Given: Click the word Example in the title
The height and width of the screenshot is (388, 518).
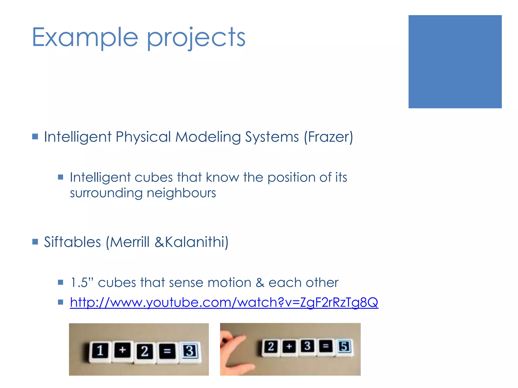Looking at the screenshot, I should coord(85,37).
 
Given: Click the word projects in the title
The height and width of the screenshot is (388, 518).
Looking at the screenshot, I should coord(196,38).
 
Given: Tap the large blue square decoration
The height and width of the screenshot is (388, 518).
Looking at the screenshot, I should coord(455,62).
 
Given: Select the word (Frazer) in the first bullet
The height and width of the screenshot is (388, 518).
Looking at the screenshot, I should coord(328,137).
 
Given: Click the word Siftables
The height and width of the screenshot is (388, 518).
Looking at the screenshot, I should coord(72,242).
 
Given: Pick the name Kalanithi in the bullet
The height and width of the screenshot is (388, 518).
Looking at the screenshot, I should coord(197,242).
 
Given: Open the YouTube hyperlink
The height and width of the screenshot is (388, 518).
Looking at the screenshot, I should coord(224,302).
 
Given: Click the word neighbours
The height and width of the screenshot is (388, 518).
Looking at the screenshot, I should coord(181,193).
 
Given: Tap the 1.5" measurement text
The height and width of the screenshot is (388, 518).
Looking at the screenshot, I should coord(82,282).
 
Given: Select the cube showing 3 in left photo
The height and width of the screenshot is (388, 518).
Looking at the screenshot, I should coord(190,351).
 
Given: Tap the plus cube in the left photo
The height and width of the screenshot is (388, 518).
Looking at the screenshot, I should coord(122,350).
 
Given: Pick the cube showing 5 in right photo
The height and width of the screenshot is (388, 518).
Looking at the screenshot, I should coord(344,347).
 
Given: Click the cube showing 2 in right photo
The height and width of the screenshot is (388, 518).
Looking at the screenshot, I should coord(271,347).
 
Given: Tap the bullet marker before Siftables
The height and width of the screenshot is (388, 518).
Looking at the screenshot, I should coord(35,242).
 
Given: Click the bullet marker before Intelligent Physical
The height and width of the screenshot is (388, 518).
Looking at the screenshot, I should coord(35,137).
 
